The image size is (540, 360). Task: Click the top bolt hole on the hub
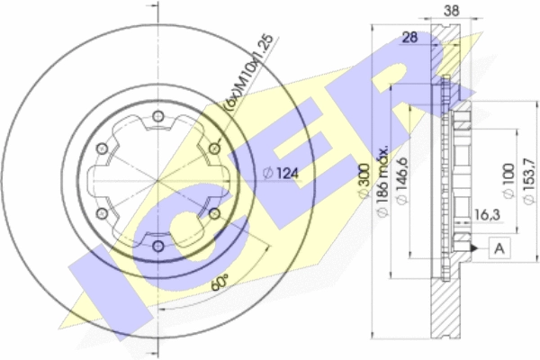tap(158, 116)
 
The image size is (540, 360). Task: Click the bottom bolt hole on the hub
tap(158, 246)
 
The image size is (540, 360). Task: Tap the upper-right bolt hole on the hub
tap(214, 148)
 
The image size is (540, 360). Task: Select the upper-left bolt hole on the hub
tap(102, 148)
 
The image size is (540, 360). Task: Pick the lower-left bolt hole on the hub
tap(102, 213)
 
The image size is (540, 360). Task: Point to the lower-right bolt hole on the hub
tap(214, 213)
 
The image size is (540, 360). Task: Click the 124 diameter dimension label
tap(281, 173)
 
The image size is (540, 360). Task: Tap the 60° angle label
tap(220, 283)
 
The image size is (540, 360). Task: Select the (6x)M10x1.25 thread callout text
tap(249, 73)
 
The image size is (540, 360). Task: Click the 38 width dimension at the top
tap(451, 11)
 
